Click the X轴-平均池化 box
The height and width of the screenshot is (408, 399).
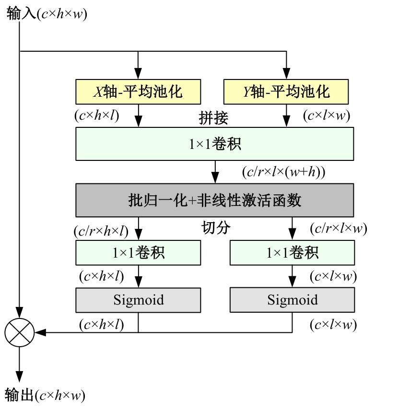138,91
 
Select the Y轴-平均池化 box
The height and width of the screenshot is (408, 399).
286,91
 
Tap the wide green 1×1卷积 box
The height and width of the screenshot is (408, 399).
214,144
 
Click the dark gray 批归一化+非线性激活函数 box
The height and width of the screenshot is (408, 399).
214,200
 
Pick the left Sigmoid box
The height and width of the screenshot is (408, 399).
138,300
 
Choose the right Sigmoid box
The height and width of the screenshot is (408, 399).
292,300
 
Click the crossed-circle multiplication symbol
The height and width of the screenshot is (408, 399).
19,331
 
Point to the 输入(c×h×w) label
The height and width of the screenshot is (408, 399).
47,14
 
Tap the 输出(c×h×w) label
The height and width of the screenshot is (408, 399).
45,396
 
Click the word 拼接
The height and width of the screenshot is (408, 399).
213,118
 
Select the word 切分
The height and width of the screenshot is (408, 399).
215,228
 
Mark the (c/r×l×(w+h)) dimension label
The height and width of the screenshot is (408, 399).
284,171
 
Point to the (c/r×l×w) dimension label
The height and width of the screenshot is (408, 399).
338,228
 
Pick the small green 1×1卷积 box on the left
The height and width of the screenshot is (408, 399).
138,253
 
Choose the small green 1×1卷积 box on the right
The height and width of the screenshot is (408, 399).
292,253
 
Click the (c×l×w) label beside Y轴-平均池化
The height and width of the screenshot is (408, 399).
326,115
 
